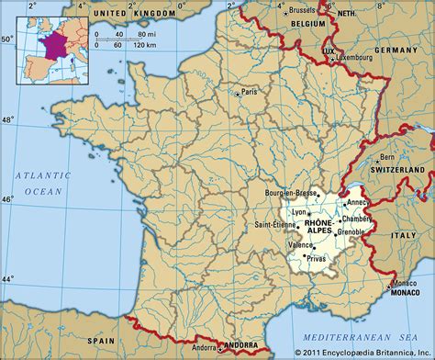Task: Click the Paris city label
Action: (249, 92)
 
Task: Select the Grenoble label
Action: (350, 231)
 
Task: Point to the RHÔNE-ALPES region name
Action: (318, 229)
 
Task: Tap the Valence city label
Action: (299, 245)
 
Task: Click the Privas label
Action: (316, 260)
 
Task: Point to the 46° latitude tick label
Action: (7, 199)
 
